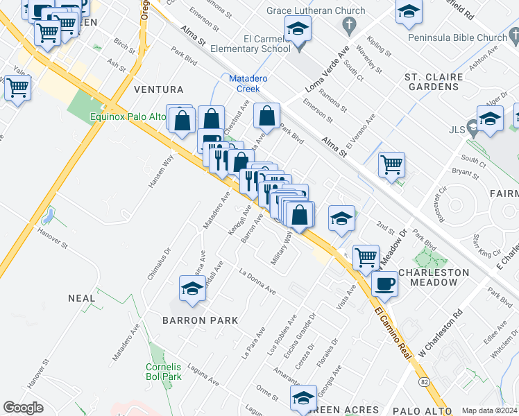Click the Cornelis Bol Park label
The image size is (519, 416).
click(164, 372)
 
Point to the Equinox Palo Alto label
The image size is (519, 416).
click(128, 117)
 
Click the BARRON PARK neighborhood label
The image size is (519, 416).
click(200, 320)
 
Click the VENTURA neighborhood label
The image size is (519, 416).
click(159, 90)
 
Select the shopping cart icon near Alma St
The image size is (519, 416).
click(392, 165)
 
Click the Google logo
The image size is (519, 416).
click(23, 408)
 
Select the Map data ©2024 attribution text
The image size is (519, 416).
click(489, 410)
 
